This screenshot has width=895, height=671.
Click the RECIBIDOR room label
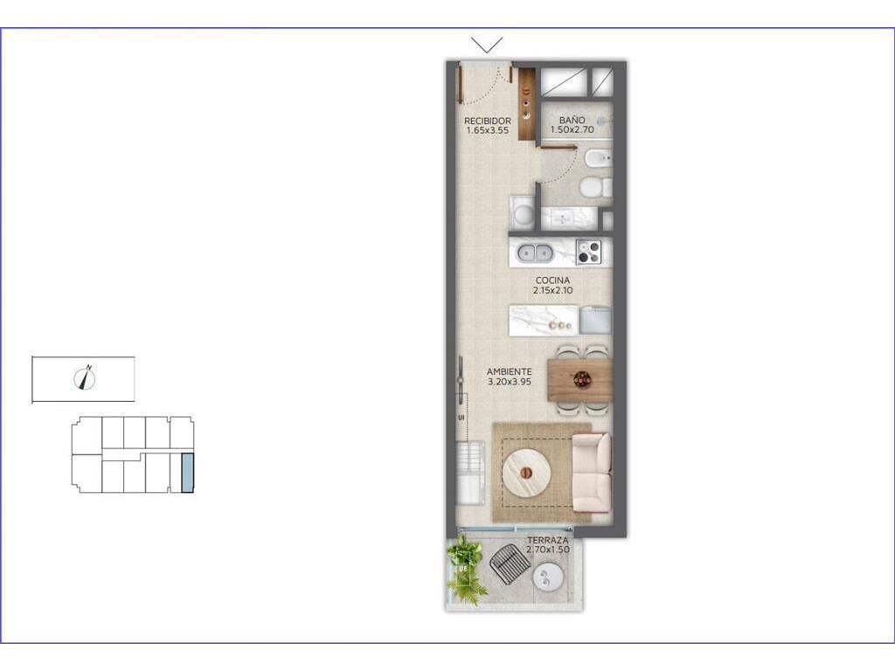[487, 121]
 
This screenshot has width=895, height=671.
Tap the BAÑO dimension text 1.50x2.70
[572, 129]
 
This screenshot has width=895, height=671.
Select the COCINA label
[552, 280]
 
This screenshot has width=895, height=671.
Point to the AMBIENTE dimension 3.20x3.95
[510, 381]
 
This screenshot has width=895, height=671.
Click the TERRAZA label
[547, 540]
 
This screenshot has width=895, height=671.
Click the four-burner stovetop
[589, 252]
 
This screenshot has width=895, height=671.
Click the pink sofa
[592, 473]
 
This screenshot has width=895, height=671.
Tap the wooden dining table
[579, 378]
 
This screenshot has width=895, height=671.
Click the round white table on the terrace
[549, 577]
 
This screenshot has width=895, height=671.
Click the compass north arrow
[85, 377]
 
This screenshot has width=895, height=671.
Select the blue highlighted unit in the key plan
[187, 473]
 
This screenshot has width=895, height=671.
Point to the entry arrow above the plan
[487, 45]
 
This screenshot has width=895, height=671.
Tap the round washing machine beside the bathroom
[523, 214]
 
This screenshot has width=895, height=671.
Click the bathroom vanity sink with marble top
[569, 218]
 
